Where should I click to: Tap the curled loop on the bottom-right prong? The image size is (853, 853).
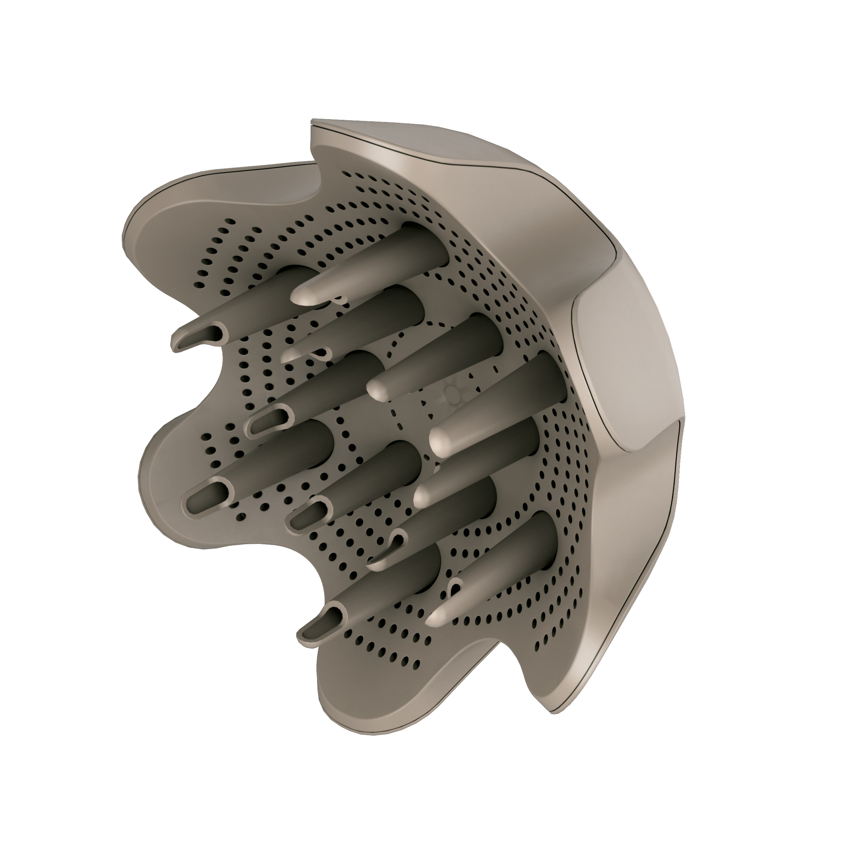(x=455, y=587)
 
